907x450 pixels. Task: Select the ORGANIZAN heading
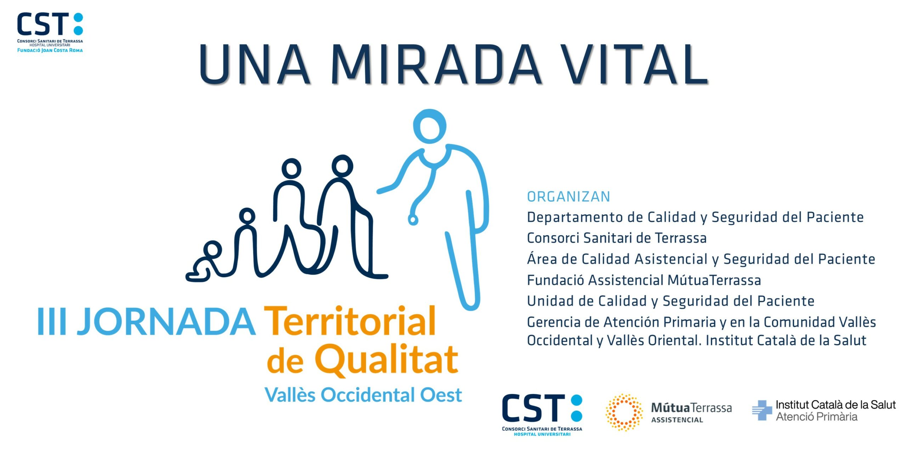[568, 197]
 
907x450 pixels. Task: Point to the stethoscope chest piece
[413, 220]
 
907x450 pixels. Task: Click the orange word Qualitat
[387, 360]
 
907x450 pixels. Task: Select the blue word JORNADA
[166, 321]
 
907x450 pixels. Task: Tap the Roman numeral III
[52, 321]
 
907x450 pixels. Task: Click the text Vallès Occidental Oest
[364, 394]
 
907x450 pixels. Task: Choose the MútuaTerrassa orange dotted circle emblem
[624, 412]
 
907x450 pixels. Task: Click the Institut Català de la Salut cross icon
[762, 410]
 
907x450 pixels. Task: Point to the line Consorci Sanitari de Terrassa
[617, 238]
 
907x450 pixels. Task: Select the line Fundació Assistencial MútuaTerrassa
[644, 280]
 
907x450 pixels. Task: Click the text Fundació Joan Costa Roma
[50, 50]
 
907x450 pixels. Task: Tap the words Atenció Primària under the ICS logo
[817, 417]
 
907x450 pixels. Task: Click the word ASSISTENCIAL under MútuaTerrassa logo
[677, 420]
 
